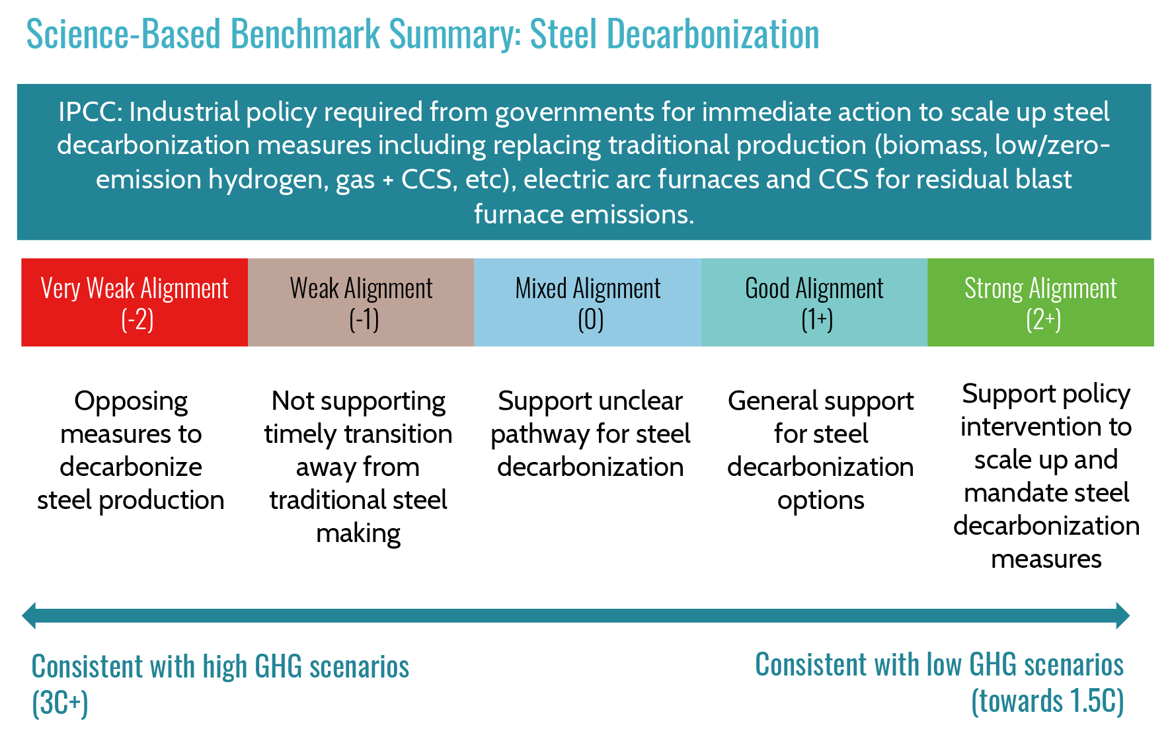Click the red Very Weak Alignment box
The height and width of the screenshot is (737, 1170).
135,302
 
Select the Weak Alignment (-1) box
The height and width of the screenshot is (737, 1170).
361,302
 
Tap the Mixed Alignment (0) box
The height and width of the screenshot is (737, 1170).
588,302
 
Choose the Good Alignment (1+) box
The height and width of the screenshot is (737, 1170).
814,302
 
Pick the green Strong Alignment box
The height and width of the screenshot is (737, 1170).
1041,302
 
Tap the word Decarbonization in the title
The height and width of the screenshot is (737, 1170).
713,34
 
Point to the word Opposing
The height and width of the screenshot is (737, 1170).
131,402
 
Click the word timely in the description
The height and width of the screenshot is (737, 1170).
301,435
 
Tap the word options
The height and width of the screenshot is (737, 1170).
821,501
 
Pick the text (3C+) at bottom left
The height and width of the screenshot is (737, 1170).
60,703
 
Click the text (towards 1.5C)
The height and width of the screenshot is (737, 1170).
1048,701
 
